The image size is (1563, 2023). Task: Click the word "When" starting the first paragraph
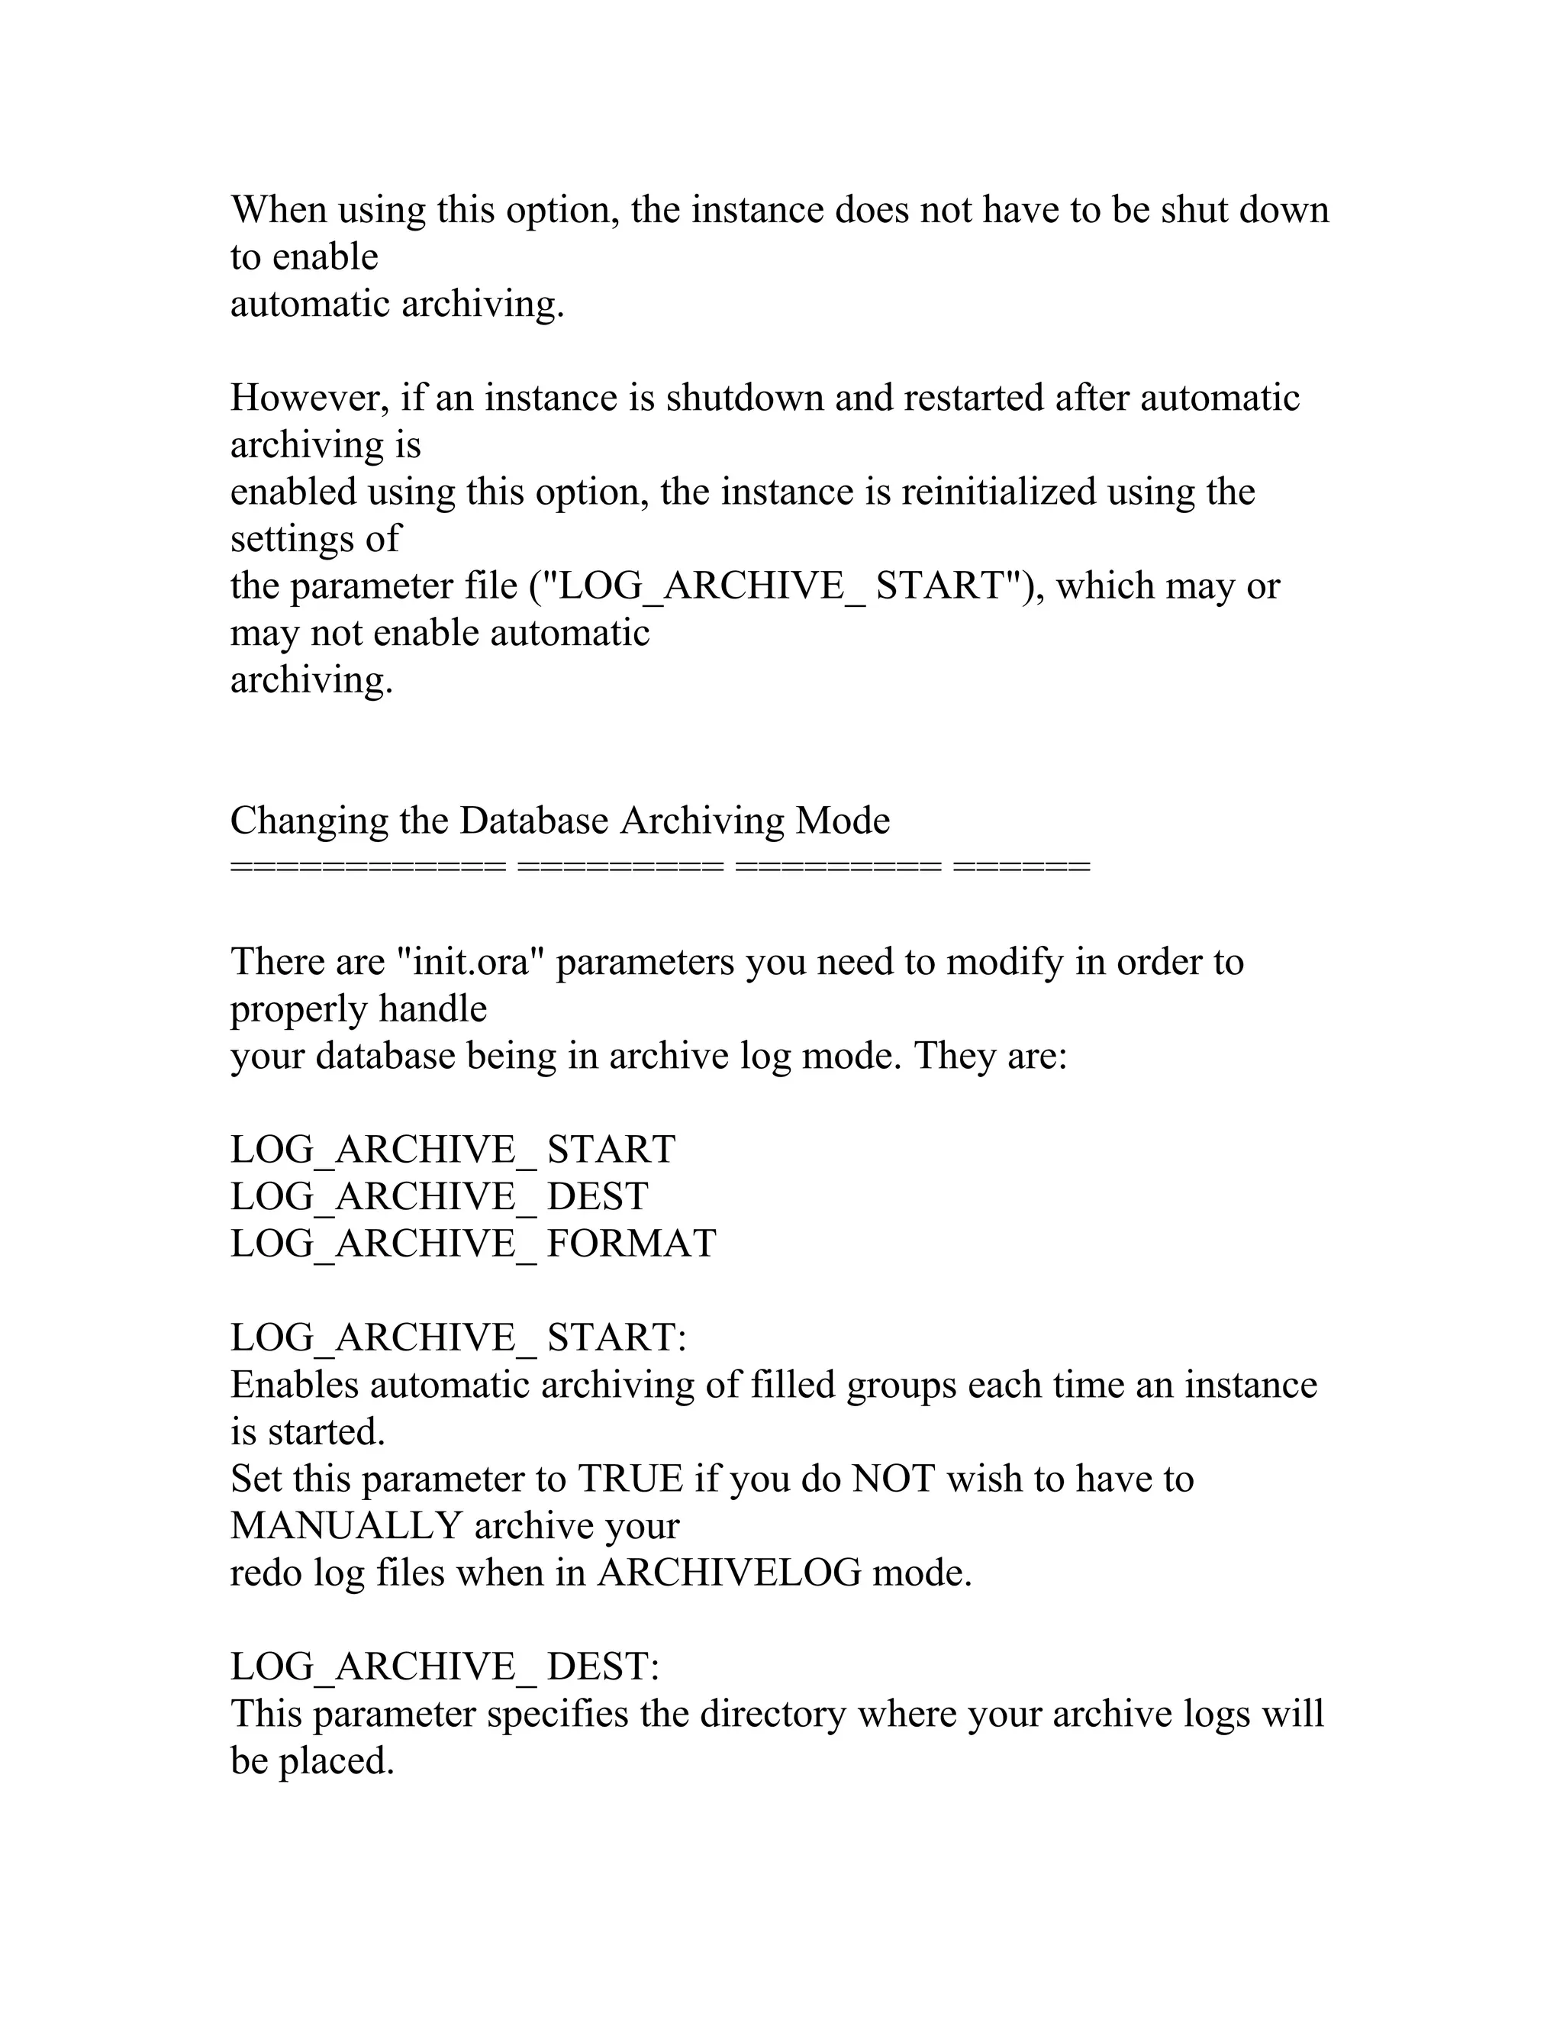tap(278, 210)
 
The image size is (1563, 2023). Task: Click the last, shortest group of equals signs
tap(1021, 867)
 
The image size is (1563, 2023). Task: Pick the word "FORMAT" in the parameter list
tap(631, 1244)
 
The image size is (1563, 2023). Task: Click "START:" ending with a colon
tap(617, 1337)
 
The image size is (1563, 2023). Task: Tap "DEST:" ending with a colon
tap(603, 1667)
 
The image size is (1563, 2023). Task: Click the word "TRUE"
tap(630, 1479)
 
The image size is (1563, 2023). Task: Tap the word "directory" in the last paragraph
tap(772, 1715)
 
